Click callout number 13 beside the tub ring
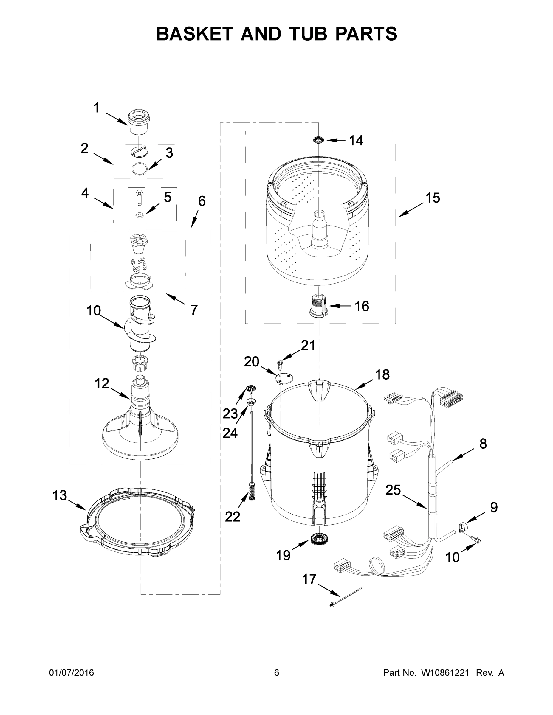click(60, 496)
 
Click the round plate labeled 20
click(284, 378)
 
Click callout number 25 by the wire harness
click(393, 490)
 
